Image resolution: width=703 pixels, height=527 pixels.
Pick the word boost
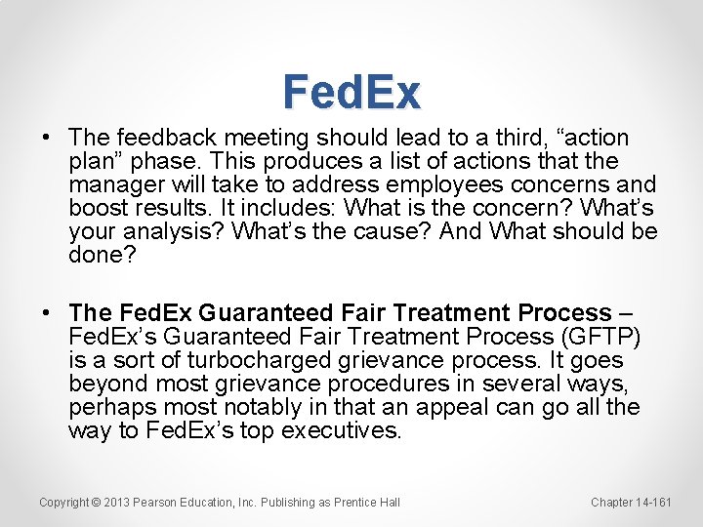pyautogui.click(x=97, y=209)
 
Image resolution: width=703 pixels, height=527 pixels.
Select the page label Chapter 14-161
pyautogui.click(x=631, y=502)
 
